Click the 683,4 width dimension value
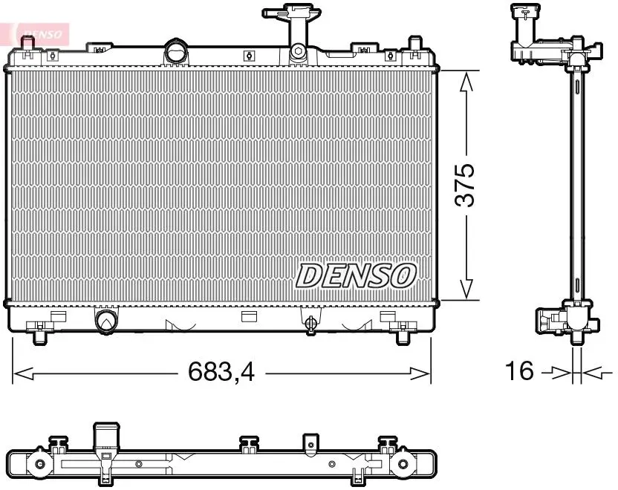click(x=221, y=371)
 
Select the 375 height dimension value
click(x=465, y=185)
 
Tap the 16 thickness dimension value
click(x=519, y=370)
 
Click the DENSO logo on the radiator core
click(x=356, y=275)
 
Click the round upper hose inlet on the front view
click(x=177, y=51)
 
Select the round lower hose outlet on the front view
click(x=106, y=320)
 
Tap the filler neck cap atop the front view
click(x=292, y=11)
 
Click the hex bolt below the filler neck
click(x=299, y=50)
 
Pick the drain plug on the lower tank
click(x=310, y=323)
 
